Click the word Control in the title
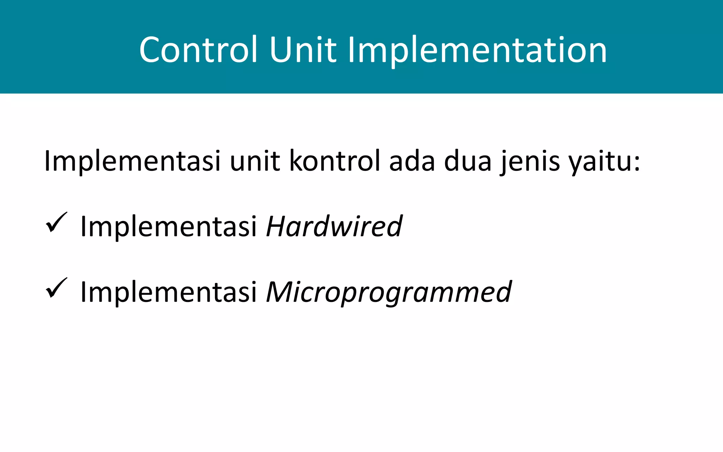click(x=198, y=50)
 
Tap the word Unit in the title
click(x=303, y=50)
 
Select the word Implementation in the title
click(x=477, y=50)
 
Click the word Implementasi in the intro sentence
click(x=132, y=161)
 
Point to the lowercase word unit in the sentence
click(x=255, y=161)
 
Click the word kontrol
click(x=335, y=161)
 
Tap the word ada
click(x=412, y=161)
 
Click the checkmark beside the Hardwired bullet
click(x=56, y=222)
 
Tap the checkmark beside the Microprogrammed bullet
click(x=56, y=288)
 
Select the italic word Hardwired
click(x=334, y=226)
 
